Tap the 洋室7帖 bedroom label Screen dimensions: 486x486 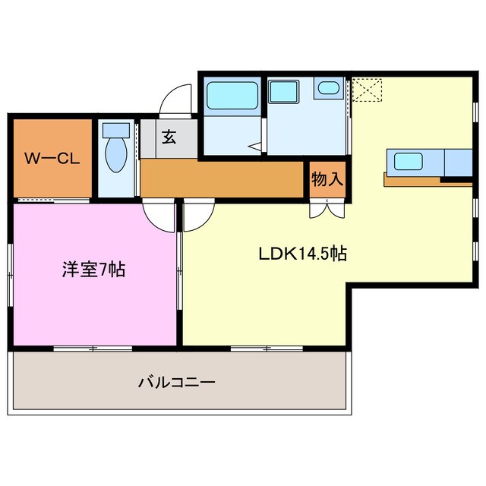[94, 269]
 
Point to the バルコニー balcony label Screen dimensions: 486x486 [176, 382]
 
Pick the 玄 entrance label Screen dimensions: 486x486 [169, 138]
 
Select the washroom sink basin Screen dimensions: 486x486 [329, 88]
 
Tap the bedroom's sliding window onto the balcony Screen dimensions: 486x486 [93, 349]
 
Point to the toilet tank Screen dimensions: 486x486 [116, 131]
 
